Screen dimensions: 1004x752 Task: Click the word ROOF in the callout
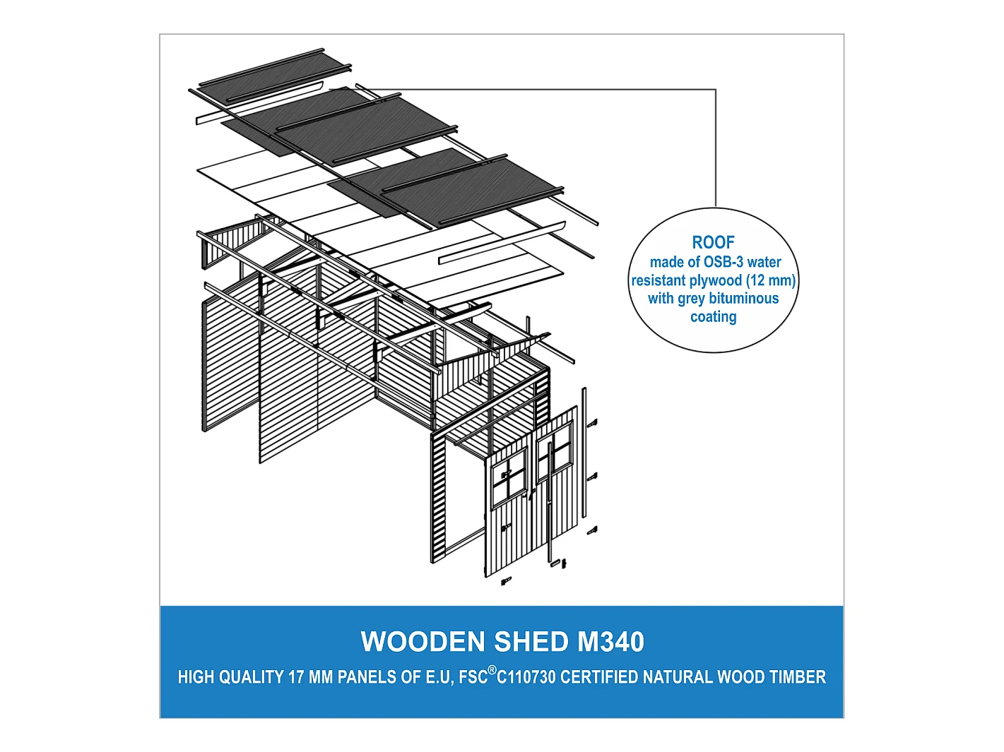click(x=713, y=242)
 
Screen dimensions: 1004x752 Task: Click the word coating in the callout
click(x=714, y=317)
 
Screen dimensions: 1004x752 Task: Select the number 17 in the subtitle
click(x=296, y=677)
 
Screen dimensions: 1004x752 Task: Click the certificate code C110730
click(x=526, y=677)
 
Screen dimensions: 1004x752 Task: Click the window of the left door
click(x=509, y=478)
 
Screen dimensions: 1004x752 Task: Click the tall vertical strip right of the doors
click(x=584, y=453)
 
